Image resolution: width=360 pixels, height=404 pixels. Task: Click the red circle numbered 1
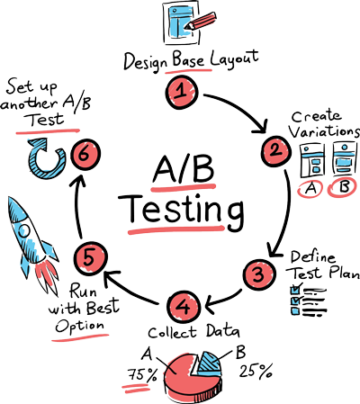[x=182, y=92]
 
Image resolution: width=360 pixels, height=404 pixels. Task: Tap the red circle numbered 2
[x=275, y=151]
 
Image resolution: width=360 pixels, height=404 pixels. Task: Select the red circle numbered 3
[x=259, y=274]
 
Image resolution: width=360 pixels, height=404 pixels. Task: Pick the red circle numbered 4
[x=183, y=307]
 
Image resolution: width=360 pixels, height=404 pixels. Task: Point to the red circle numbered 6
[x=85, y=155]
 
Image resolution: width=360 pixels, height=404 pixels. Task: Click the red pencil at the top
[x=200, y=21]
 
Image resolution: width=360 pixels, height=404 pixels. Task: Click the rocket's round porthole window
[x=24, y=231]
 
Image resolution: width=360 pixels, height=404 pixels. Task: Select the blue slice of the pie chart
[x=209, y=364]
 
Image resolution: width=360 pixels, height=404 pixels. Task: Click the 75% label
[x=142, y=375]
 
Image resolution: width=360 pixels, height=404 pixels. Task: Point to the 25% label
[x=256, y=371]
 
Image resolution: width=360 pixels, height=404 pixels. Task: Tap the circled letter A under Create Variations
[x=310, y=189]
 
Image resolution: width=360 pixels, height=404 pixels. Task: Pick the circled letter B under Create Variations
[x=343, y=188]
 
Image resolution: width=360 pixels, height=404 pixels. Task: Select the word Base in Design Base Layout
[x=188, y=59]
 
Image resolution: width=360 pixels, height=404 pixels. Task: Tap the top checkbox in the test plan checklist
[x=295, y=290]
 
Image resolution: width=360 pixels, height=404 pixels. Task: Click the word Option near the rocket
[x=80, y=327]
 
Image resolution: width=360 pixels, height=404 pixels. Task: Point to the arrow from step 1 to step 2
[x=243, y=107]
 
